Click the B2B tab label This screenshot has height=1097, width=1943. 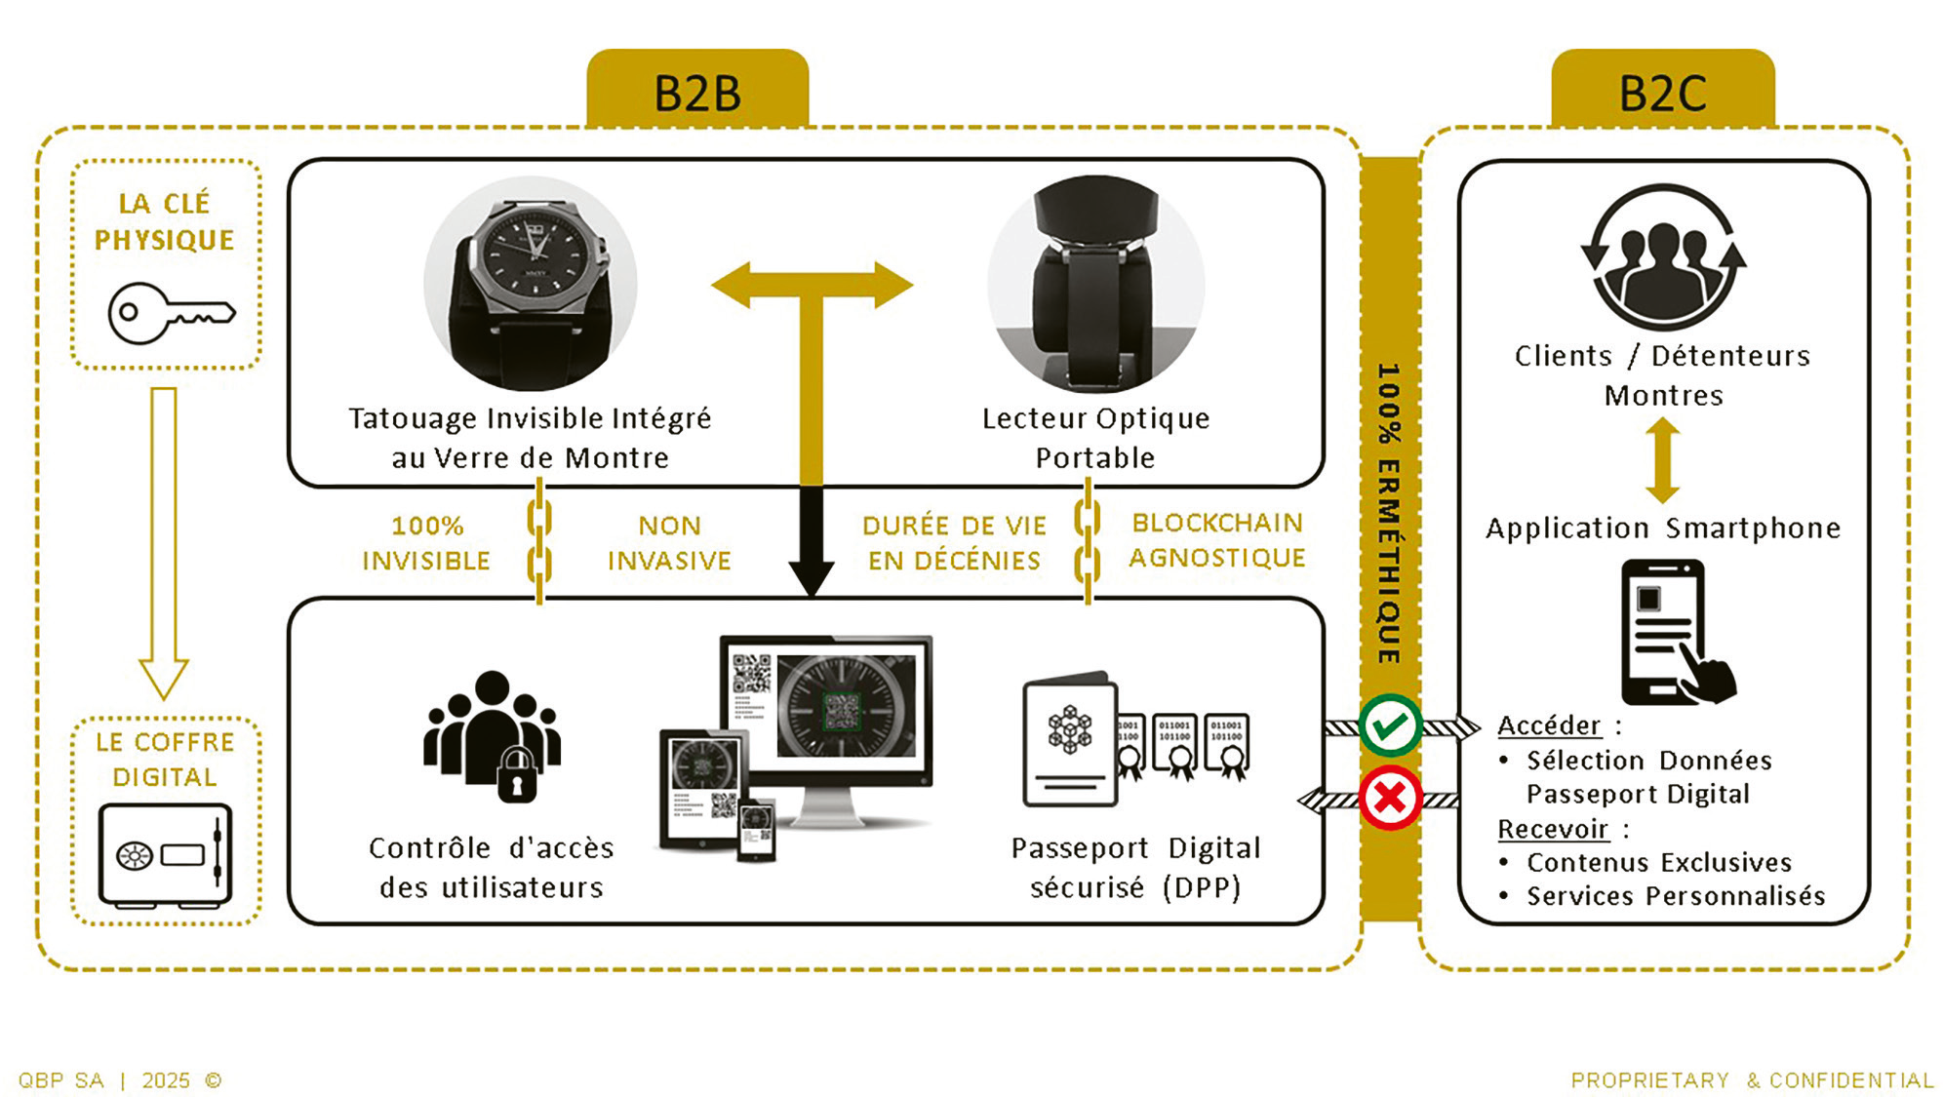[697, 94]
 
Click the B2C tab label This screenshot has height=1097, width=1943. [1662, 94]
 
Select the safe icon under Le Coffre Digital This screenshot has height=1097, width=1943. [165, 855]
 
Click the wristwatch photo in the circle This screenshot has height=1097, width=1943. [531, 284]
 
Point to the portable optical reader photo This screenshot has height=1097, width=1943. [1095, 284]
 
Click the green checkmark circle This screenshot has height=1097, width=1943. [1390, 725]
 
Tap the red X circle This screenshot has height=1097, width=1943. [1390, 798]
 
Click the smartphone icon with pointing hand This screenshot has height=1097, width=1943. [1674, 633]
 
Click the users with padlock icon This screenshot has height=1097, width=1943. [493, 736]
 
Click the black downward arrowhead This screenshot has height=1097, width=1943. [811, 576]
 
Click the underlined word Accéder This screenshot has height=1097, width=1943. [1549, 725]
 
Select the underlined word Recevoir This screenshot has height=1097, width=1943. [1553, 829]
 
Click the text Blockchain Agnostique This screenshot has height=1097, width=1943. [1216, 540]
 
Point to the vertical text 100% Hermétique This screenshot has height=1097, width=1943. [1389, 513]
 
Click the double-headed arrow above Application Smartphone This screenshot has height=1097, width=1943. [1662, 460]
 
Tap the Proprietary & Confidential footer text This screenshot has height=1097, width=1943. [1752, 1080]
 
